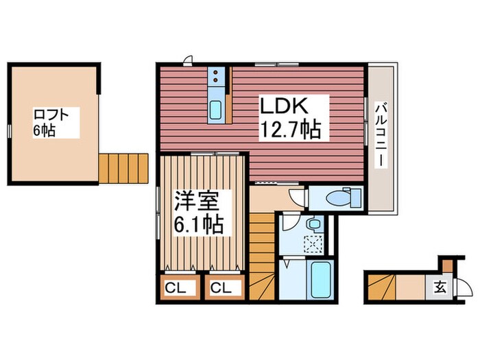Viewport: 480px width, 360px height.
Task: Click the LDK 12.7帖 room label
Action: point(289,118)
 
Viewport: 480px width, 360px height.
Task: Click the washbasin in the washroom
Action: point(315,224)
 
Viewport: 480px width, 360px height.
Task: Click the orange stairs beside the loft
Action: point(123,167)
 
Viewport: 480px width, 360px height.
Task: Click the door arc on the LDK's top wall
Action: point(189,59)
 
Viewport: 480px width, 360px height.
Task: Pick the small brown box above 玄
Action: point(446,265)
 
